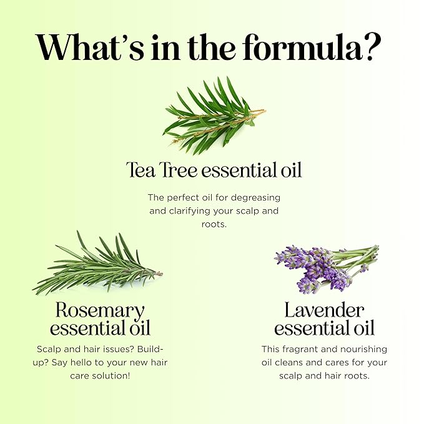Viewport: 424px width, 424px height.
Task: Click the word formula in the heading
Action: pyautogui.click(x=302, y=47)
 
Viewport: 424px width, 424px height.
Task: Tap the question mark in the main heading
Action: pyautogui.click(x=372, y=47)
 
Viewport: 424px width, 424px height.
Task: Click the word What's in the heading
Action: pyautogui.click(x=90, y=47)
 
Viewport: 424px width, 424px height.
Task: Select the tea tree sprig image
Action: pyautogui.click(x=214, y=116)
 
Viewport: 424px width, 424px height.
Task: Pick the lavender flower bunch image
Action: pyautogui.click(x=327, y=269)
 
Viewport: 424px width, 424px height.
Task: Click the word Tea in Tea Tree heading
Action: pyautogui.click(x=141, y=170)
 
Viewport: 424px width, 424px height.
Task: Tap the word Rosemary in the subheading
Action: pyautogui.click(x=100, y=311)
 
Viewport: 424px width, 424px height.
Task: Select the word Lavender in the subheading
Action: pyautogui.click(x=324, y=310)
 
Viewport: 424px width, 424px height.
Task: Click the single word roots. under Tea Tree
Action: pyautogui.click(x=214, y=224)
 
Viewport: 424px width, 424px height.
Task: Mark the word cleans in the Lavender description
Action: pyautogui.click(x=289, y=362)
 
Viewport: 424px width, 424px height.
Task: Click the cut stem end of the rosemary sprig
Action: pyautogui.click(x=160, y=274)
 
